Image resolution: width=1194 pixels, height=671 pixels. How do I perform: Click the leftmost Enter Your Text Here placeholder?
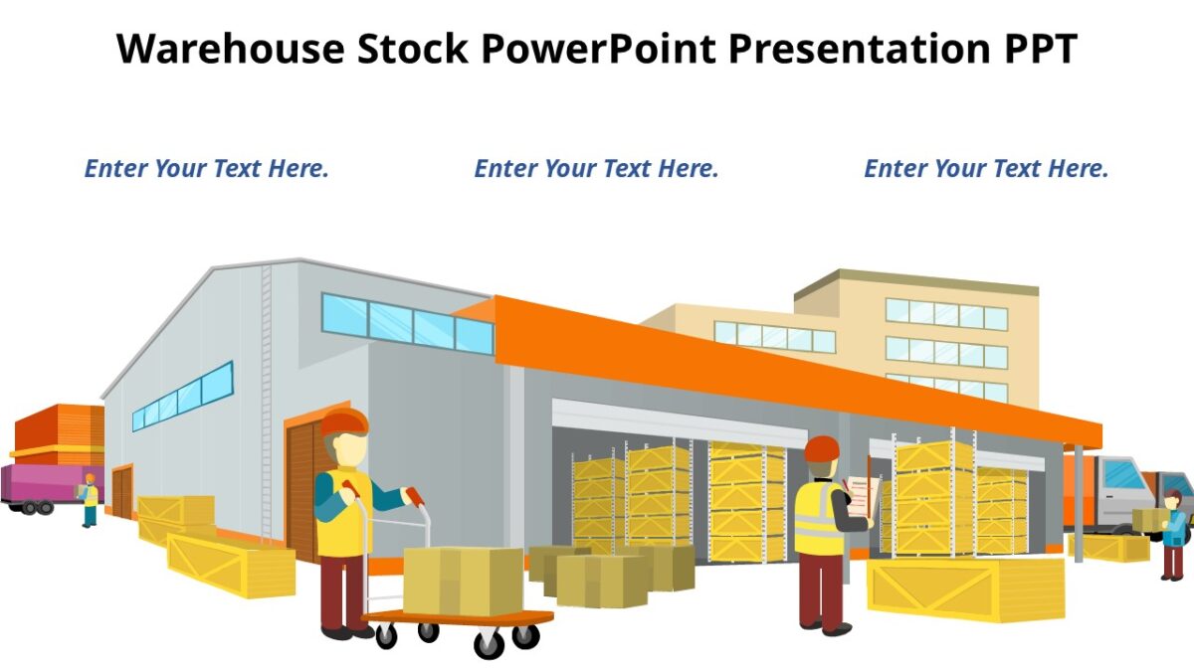coord(206,169)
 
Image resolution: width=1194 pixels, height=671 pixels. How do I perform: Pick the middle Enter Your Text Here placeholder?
coord(596,169)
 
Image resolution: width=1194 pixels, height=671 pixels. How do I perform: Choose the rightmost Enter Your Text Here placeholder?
coord(986,169)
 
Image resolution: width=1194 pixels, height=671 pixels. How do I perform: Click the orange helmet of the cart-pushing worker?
coord(344,421)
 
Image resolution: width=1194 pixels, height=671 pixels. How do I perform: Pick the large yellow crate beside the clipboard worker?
coord(965,588)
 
